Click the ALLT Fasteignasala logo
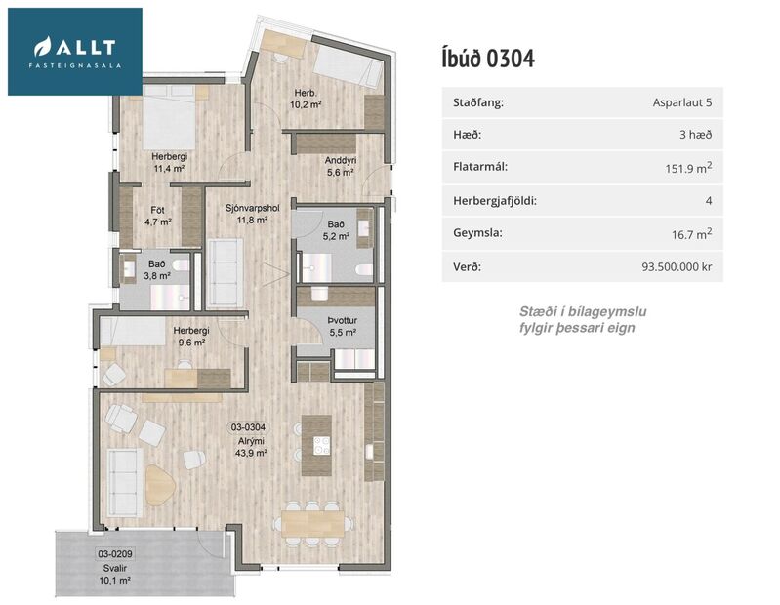pos(75,51)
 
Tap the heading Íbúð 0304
pos(488,58)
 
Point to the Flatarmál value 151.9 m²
pos(687,168)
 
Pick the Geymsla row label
pos(480,234)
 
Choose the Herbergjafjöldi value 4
pos(708,201)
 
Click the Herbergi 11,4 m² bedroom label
pos(169,162)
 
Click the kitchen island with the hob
pos(317,445)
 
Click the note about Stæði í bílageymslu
pos(583,319)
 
